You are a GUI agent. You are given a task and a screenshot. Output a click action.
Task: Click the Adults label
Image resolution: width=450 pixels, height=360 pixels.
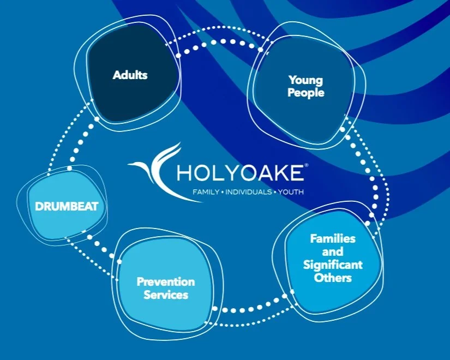(x=130, y=75)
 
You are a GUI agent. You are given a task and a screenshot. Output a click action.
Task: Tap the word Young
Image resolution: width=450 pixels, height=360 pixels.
(x=305, y=81)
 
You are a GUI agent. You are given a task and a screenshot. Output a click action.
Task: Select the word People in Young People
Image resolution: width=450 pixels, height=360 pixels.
(x=305, y=93)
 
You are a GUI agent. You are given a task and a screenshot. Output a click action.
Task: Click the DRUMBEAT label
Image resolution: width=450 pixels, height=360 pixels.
(x=66, y=207)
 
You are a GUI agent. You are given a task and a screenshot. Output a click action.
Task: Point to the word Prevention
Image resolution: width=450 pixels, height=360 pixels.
(x=165, y=282)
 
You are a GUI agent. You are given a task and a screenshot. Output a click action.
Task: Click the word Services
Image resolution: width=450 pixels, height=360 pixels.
(x=166, y=295)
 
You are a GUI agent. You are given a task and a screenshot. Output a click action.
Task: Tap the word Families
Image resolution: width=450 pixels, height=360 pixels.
(x=333, y=239)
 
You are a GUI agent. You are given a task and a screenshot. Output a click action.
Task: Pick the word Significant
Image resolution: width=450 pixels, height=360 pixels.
(x=333, y=265)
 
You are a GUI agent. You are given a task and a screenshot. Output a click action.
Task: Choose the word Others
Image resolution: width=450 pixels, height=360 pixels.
(x=333, y=278)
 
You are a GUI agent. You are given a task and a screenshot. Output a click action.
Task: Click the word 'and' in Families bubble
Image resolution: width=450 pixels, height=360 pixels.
(x=333, y=252)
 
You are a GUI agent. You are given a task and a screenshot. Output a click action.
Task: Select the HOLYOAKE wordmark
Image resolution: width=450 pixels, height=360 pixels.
(x=241, y=173)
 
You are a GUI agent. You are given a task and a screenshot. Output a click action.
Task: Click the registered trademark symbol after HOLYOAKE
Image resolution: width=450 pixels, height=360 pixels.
(x=306, y=165)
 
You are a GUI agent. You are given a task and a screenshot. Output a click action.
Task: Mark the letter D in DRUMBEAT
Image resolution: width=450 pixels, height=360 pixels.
(x=39, y=207)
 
